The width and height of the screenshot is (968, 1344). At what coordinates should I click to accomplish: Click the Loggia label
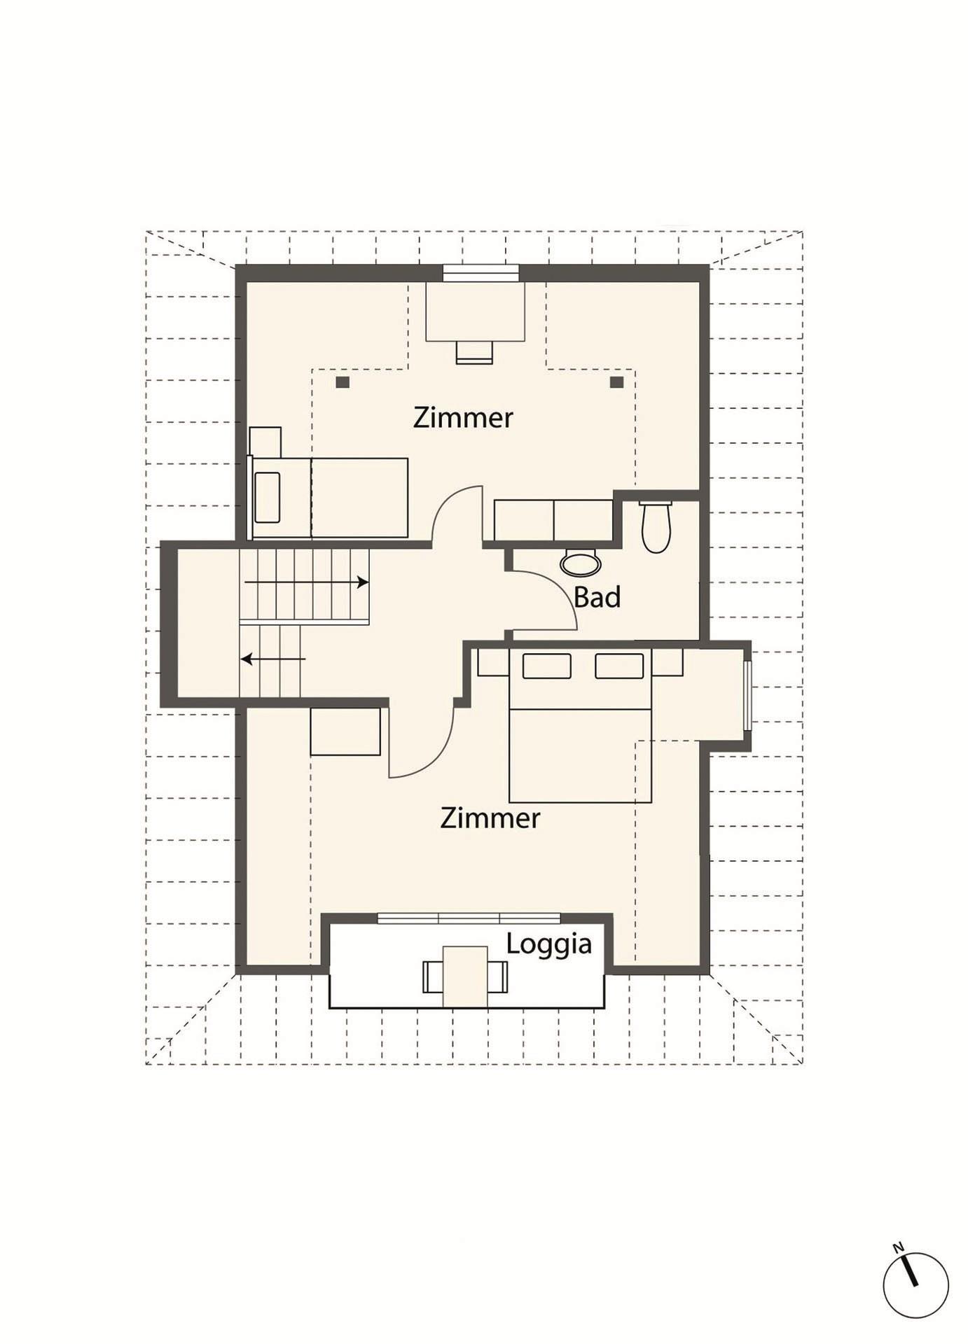pos(548,945)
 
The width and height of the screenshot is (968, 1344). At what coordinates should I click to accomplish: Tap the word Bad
pos(597,597)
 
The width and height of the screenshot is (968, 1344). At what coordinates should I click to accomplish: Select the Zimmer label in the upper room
pos(463,417)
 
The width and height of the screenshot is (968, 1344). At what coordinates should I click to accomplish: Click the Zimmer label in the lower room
pos(490,818)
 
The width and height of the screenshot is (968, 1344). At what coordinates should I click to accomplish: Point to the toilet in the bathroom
pos(656,526)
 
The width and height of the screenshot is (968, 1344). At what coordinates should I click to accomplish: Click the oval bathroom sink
pos(581,563)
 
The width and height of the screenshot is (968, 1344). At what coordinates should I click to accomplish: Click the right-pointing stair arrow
pos(306,582)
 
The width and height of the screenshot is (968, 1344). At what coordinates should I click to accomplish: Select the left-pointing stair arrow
pos(273,659)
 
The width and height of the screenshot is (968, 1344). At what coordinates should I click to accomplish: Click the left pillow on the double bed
pos(547,666)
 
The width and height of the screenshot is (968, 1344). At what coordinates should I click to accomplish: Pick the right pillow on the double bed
pos(619,666)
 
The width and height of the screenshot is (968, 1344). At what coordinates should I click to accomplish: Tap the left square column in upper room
pos(343,382)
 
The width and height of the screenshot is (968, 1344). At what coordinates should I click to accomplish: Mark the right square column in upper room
pos(616,382)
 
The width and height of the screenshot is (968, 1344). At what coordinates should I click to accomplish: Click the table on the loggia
pos(465,976)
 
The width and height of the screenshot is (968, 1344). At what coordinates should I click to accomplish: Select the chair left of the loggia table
pos(433,976)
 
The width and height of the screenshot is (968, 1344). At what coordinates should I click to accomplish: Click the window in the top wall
pos(480,272)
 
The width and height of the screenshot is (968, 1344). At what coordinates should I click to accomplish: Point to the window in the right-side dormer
pos(747,695)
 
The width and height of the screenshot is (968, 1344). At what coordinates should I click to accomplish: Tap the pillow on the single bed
pos(268,498)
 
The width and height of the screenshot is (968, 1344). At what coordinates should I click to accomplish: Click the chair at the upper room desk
pos(474,351)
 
